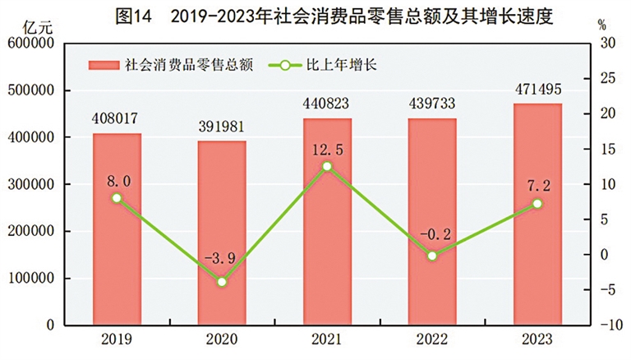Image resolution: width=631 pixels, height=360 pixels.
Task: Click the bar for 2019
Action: point(117,230)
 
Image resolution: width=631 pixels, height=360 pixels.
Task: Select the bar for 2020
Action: point(222,234)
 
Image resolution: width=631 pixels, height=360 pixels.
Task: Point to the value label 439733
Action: point(431,104)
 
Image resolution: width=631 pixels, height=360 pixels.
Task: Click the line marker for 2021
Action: point(327,166)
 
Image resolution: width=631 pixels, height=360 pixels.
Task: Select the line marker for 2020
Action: point(222,282)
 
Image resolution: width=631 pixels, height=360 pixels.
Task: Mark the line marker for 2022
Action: point(432,256)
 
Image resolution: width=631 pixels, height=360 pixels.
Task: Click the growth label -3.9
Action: point(221,261)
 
